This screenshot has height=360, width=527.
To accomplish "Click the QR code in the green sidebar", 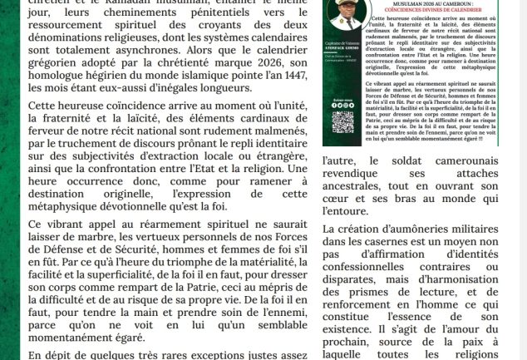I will [342, 121].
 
